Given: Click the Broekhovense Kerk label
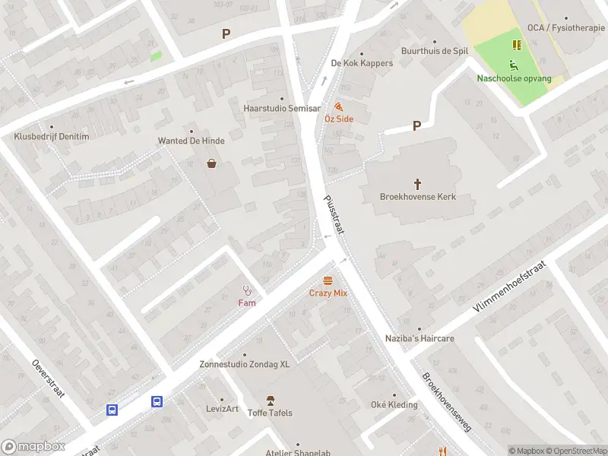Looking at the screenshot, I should point(417,197).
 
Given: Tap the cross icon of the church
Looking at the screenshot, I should point(417,183).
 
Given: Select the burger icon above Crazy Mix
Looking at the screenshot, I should point(328,280).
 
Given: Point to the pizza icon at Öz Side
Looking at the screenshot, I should point(337,107).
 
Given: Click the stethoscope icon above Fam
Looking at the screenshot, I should point(246,290).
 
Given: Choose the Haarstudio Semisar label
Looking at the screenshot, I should point(281,109).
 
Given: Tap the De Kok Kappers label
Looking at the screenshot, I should point(362,63).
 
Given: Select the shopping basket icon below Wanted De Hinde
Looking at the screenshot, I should point(211,163).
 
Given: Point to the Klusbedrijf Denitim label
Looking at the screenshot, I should point(52,137).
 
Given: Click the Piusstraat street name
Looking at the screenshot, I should point(333,215).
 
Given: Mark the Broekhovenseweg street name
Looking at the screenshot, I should point(447,402).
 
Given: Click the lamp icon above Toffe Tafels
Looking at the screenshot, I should point(269,400).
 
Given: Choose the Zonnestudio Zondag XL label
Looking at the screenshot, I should point(245,364).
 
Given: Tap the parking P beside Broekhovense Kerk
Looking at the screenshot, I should point(416,126).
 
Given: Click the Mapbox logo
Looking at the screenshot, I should point(33,447).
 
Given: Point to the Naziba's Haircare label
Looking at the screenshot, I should point(419,338).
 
